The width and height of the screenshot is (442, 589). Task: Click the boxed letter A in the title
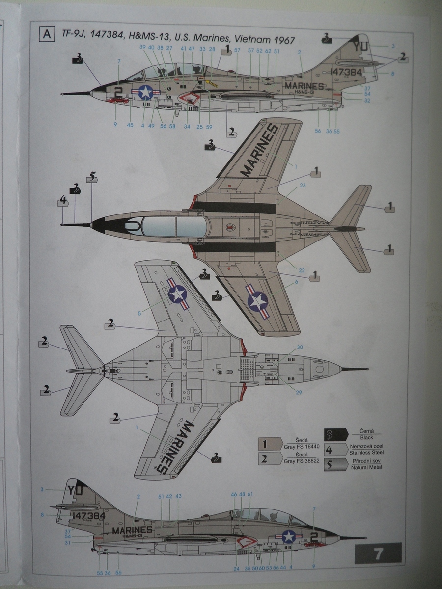coord(47,34)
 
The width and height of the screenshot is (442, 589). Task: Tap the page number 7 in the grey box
coord(378,554)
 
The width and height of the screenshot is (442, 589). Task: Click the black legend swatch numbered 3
coord(335,435)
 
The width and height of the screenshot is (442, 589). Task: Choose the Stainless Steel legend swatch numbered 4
coord(335,449)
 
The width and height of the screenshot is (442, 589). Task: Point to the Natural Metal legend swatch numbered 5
coord(335,464)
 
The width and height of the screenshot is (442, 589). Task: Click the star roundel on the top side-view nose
coord(146,92)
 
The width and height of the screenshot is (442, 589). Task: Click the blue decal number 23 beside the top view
coord(303,185)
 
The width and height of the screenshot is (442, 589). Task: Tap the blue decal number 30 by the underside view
coord(300,347)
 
